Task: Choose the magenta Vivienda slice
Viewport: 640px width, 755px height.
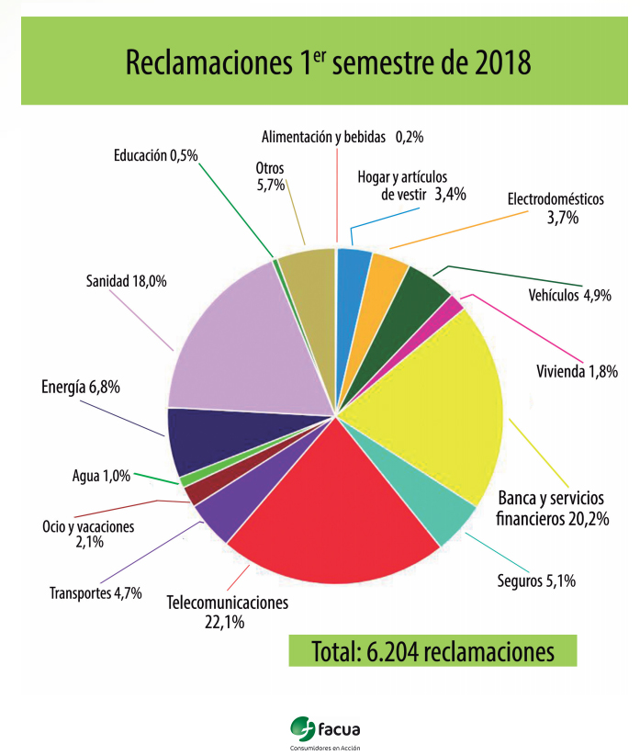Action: pyautogui.click(x=454, y=307)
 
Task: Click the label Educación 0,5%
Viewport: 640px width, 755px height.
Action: pyautogui.click(x=156, y=155)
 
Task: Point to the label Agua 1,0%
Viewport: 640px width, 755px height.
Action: pyautogui.click(x=101, y=477)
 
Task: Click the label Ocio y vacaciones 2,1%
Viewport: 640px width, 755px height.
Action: pyautogui.click(x=88, y=535)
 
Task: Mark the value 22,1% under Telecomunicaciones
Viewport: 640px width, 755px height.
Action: pyautogui.click(x=227, y=622)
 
